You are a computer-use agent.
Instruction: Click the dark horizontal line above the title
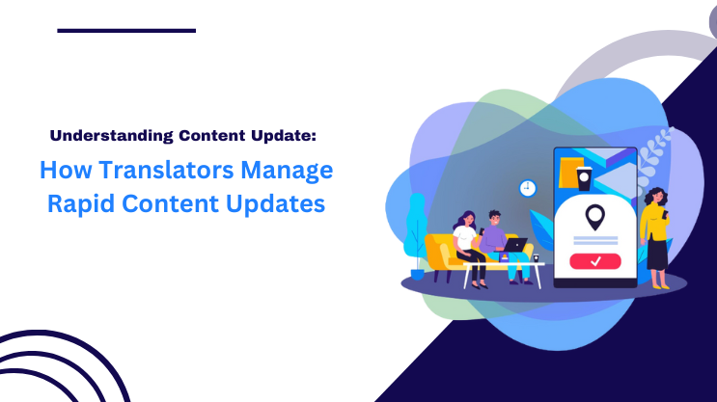click(126, 31)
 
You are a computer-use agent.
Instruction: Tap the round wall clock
click(527, 188)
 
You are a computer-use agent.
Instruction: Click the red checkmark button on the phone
click(594, 260)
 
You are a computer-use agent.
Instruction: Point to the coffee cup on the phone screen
click(583, 177)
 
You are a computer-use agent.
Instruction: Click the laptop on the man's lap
click(516, 246)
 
